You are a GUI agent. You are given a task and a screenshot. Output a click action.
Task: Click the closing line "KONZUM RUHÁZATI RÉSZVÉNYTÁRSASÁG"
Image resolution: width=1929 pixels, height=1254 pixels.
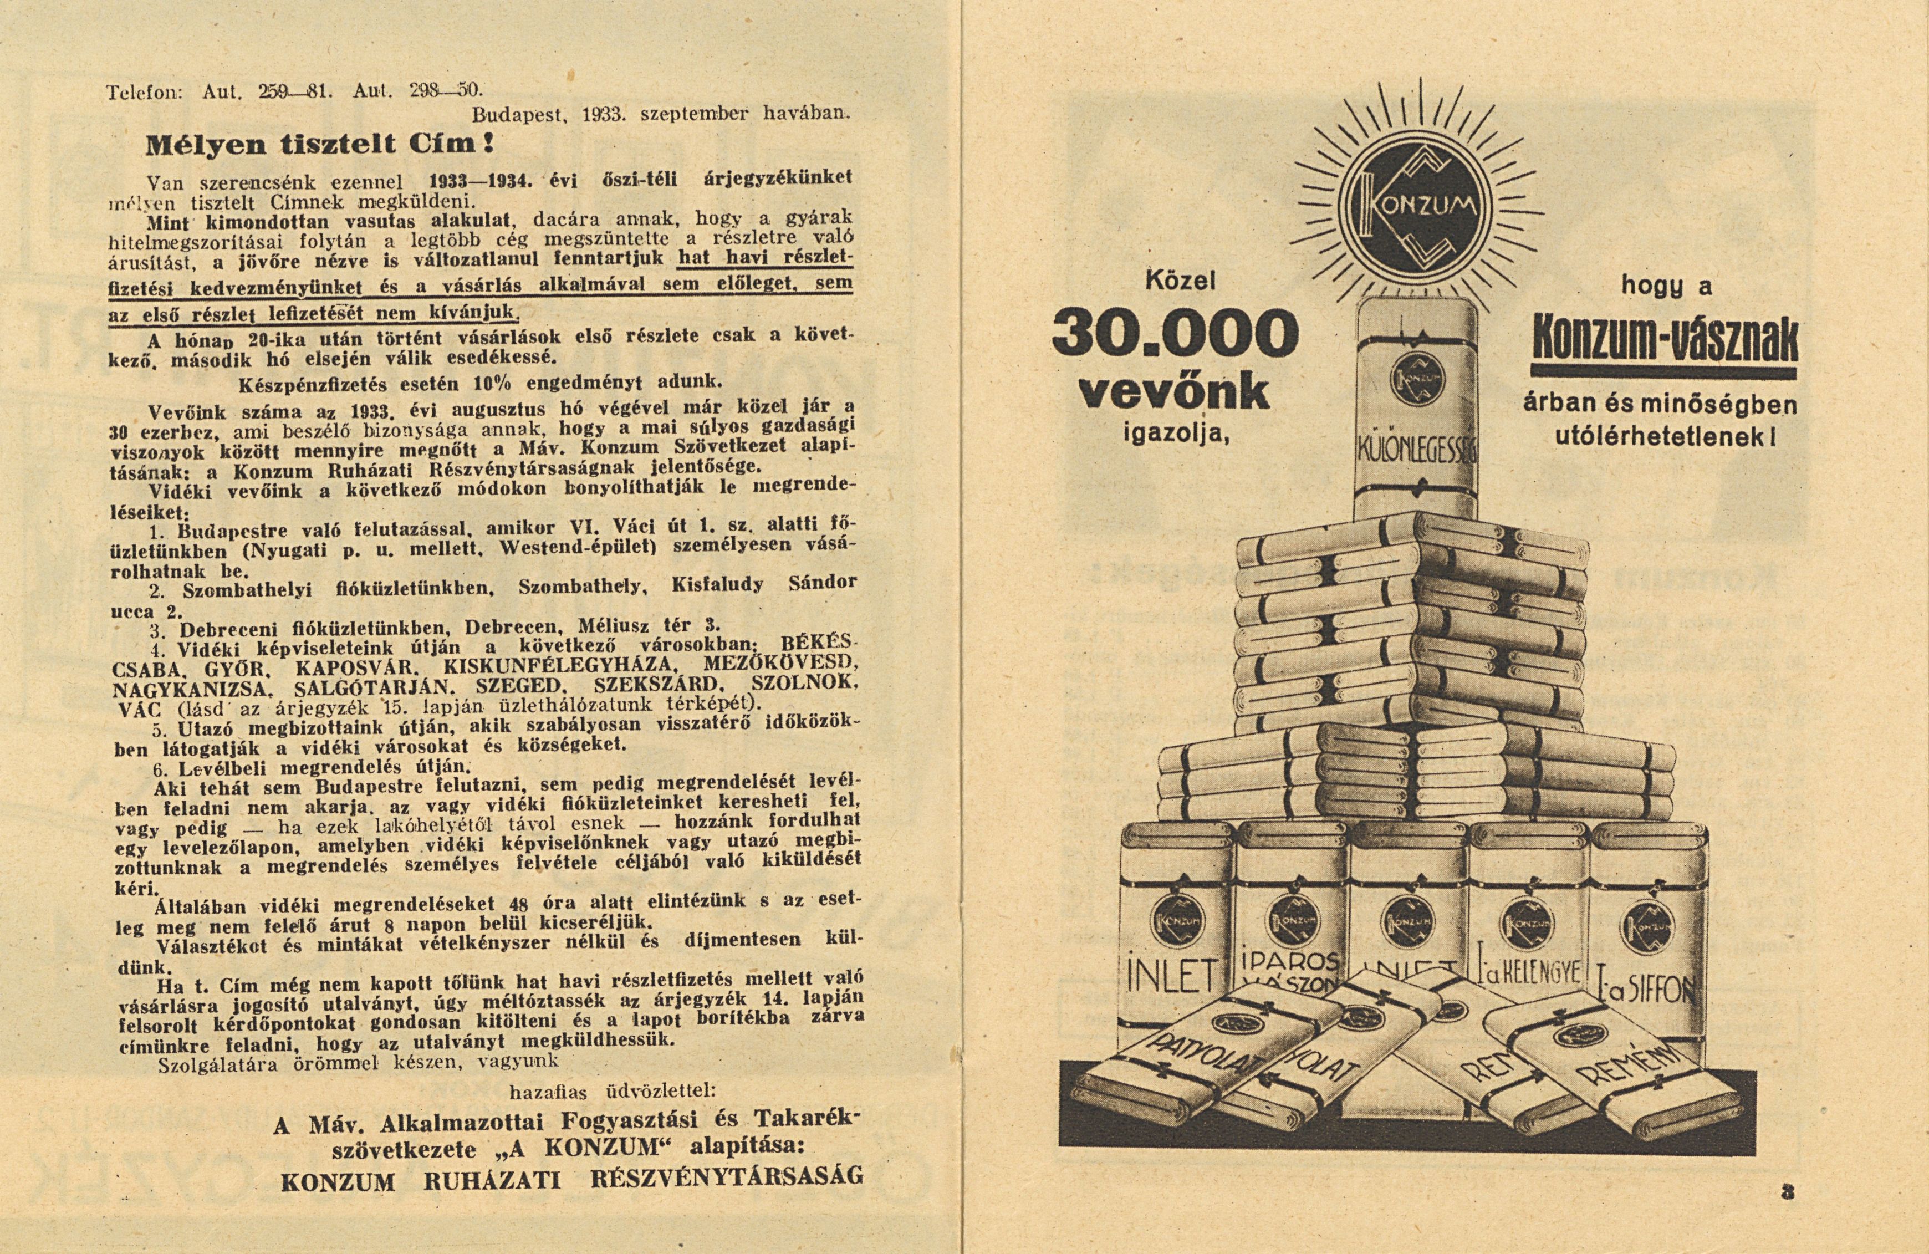[x=572, y=1203]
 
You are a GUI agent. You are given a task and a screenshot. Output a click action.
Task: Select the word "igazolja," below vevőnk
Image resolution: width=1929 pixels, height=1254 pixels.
[x=1175, y=435]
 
